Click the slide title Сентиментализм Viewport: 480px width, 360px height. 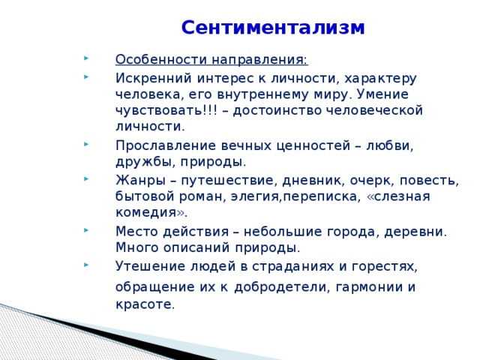point(273,28)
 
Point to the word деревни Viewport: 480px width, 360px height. point(416,231)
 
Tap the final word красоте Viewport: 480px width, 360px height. point(144,304)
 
